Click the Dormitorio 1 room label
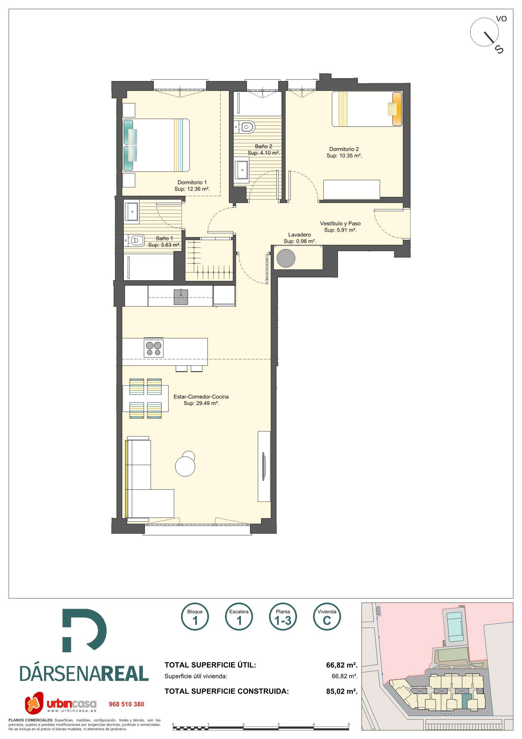coord(192,183)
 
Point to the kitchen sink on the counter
coord(181,297)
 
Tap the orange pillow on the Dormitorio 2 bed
coord(397,109)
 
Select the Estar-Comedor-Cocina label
coord(201,397)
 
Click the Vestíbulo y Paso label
coord(340,223)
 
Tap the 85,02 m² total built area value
coord(342,691)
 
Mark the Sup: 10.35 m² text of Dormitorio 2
coord(344,155)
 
